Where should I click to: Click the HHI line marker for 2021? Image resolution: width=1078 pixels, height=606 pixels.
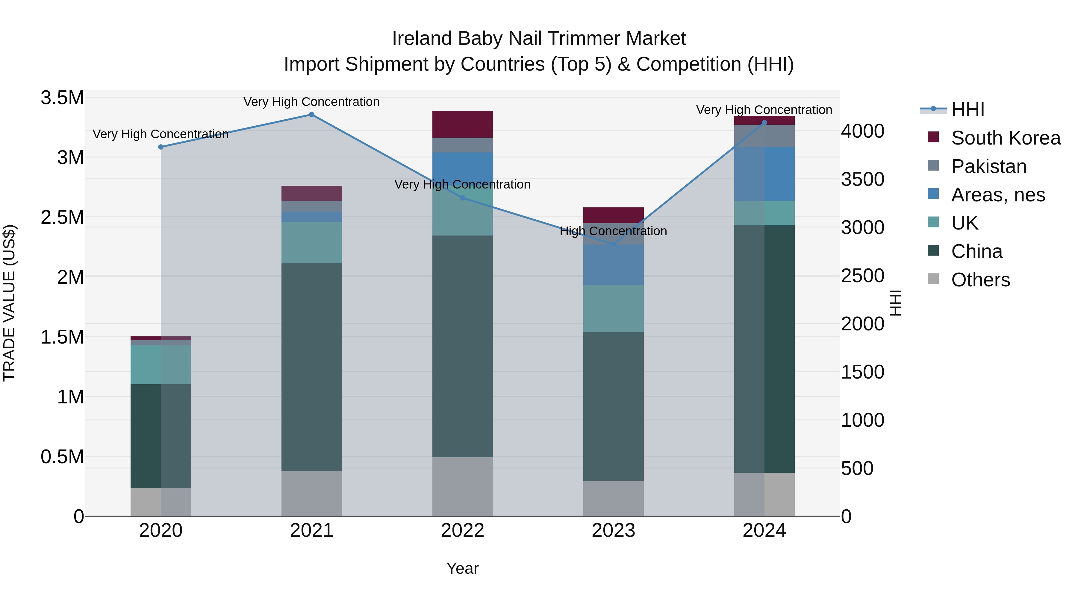point(311,115)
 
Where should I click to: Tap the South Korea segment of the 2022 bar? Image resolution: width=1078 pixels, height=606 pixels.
point(462,124)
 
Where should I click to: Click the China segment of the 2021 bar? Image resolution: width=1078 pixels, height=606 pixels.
point(311,367)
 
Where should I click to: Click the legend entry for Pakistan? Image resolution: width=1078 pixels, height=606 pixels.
point(988,166)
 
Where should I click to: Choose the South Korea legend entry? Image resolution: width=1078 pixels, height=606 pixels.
point(1005,138)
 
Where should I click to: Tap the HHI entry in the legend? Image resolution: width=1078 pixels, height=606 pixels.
point(968,110)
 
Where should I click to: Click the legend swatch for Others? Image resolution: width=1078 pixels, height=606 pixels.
point(933,279)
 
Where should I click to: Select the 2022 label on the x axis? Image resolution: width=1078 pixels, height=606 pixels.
point(462,531)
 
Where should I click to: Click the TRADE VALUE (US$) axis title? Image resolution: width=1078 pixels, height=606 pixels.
point(9,303)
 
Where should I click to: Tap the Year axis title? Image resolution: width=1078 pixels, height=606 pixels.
point(462,568)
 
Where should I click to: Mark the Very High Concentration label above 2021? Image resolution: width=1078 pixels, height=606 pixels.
point(311,102)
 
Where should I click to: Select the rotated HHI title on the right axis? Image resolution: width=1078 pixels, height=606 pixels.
point(895,303)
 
